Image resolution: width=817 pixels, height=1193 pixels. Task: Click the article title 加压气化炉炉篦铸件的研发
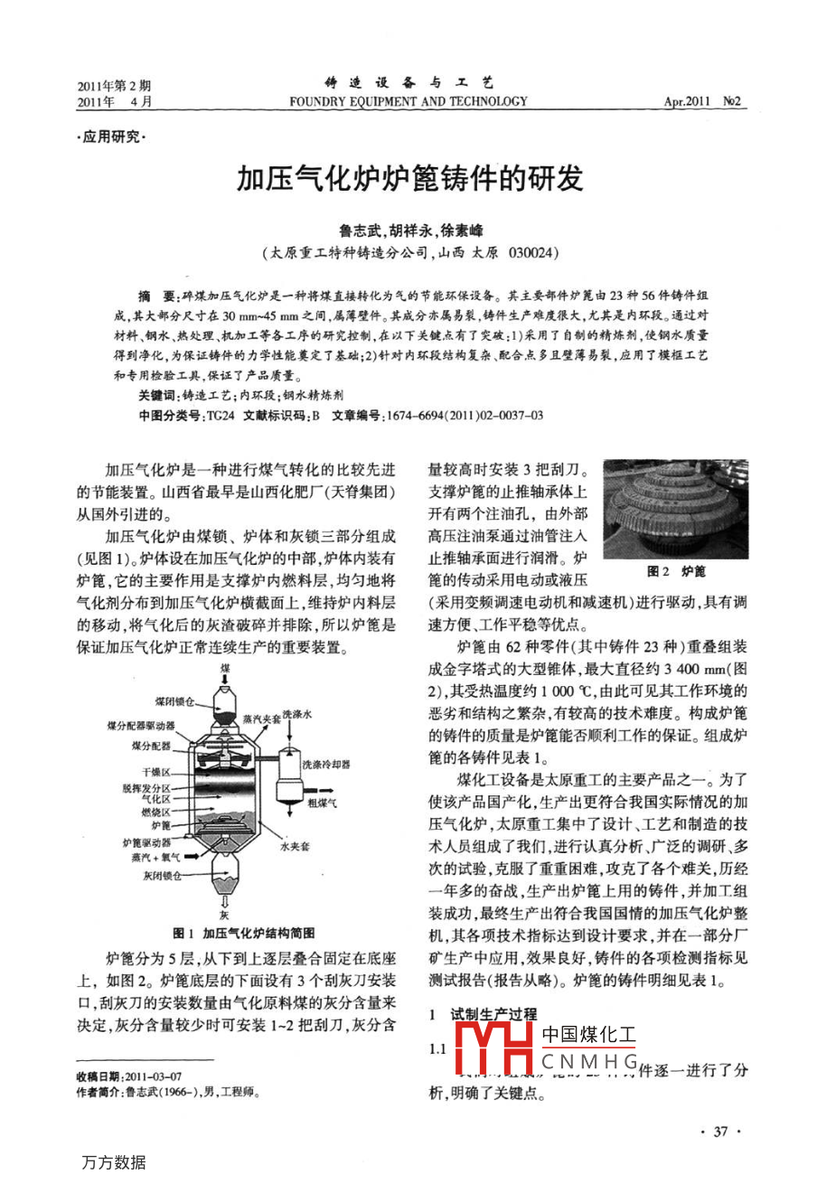coord(409,178)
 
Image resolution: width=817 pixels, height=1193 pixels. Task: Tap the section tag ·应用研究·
coord(112,137)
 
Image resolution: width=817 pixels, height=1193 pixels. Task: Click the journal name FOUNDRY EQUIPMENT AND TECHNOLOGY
coord(408,102)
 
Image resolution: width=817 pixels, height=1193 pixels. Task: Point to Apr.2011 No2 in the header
coord(701,102)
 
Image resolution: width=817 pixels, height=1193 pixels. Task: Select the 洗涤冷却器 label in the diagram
coord(326,764)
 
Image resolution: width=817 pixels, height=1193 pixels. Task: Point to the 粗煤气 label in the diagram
coord(322,802)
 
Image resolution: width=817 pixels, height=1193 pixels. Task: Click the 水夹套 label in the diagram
coord(295,847)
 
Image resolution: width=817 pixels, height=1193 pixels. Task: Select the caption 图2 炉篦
coord(676,572)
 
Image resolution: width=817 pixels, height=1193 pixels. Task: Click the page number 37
coord(720,1132)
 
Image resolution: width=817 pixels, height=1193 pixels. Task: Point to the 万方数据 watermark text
coord(113,1162)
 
